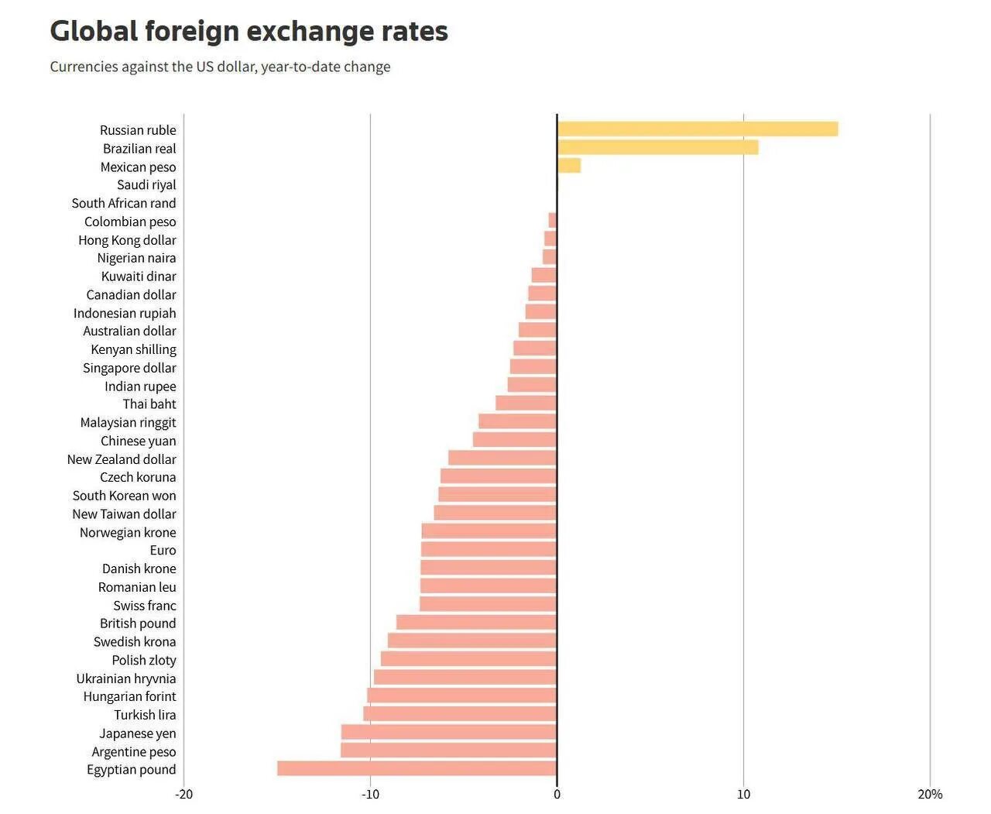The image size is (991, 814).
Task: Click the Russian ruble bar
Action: (x=697, y=129)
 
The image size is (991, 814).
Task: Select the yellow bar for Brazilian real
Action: (x=657, y=148)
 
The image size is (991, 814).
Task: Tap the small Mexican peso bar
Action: (x=569, y=166)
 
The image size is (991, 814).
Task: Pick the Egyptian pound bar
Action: (x=417, y=768)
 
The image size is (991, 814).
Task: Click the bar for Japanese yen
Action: (x=448, y=732)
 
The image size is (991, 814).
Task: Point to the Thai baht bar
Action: (x=526, y=404)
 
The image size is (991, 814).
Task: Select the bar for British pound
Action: (x=476, y=623)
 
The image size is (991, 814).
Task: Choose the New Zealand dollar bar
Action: (x=502, y=459)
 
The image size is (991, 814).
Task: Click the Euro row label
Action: (x=163, y=550)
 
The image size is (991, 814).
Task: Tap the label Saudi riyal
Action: (x=146, y=184)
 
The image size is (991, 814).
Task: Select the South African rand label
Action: (x=124, y=203)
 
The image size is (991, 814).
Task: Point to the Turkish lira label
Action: (x=145, y=715)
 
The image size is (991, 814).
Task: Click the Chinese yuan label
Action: (x=138, y=441)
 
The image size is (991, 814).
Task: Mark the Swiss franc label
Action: (x=144, y=606)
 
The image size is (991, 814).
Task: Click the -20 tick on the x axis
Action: (x=183, y=794)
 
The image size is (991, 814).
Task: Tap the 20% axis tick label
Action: (x=930, y=794)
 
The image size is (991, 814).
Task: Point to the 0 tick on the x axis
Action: (x=557, y=794)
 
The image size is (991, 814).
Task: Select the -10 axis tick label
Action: (x=370, y=794)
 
